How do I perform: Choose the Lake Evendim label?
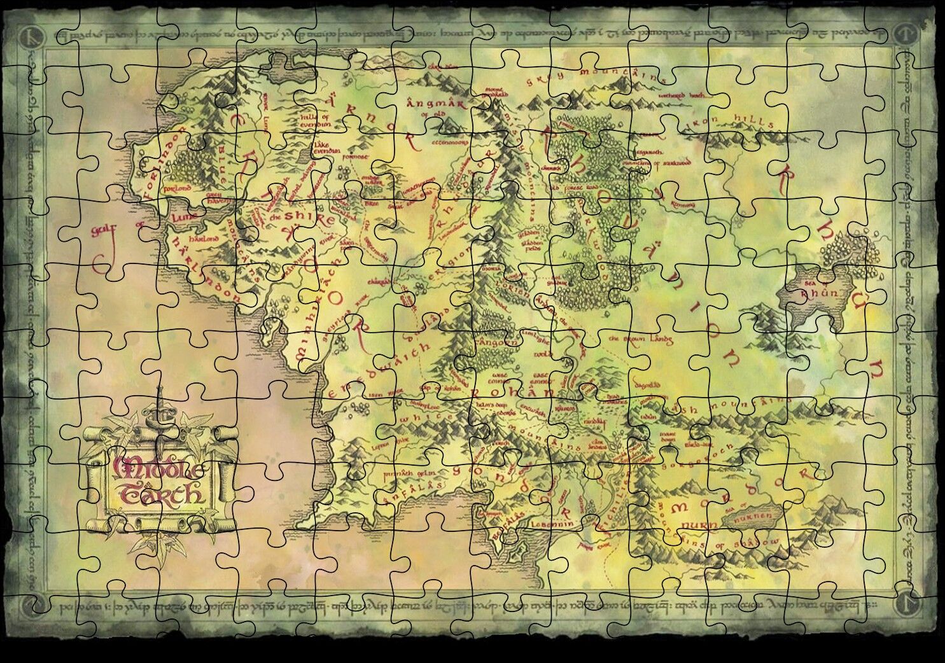330,148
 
